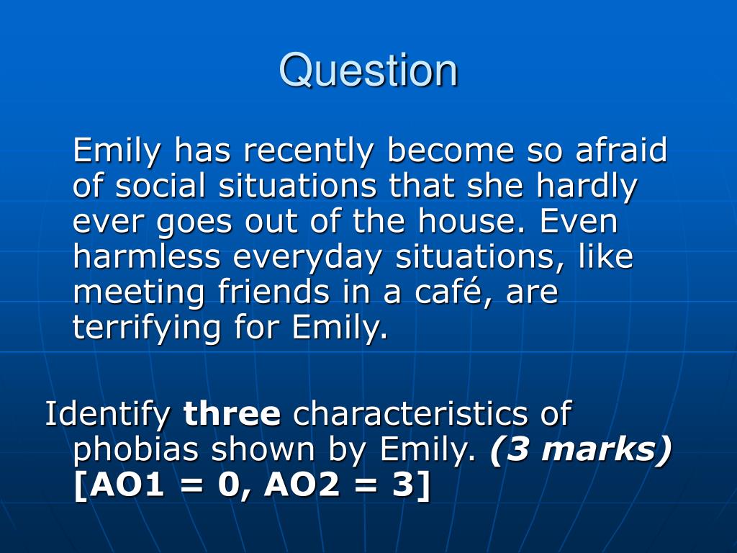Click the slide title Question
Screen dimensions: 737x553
pos(368,71)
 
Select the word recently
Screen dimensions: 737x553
pos(308,150)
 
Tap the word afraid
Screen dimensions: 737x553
pos(621,150)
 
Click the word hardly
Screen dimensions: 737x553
pos(587,186)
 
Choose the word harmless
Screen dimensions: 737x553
pos(147,256)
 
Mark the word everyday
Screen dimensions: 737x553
pos(308,258)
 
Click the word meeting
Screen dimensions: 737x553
pos(139,292)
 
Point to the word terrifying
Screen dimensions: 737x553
pos(147,328)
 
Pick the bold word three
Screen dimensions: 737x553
pos(232,413)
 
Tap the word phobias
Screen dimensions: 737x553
pos(136,449)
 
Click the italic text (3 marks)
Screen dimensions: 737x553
pos(581,450)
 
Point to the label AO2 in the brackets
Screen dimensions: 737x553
pos(302,485)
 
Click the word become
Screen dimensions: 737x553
pos(450,150)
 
